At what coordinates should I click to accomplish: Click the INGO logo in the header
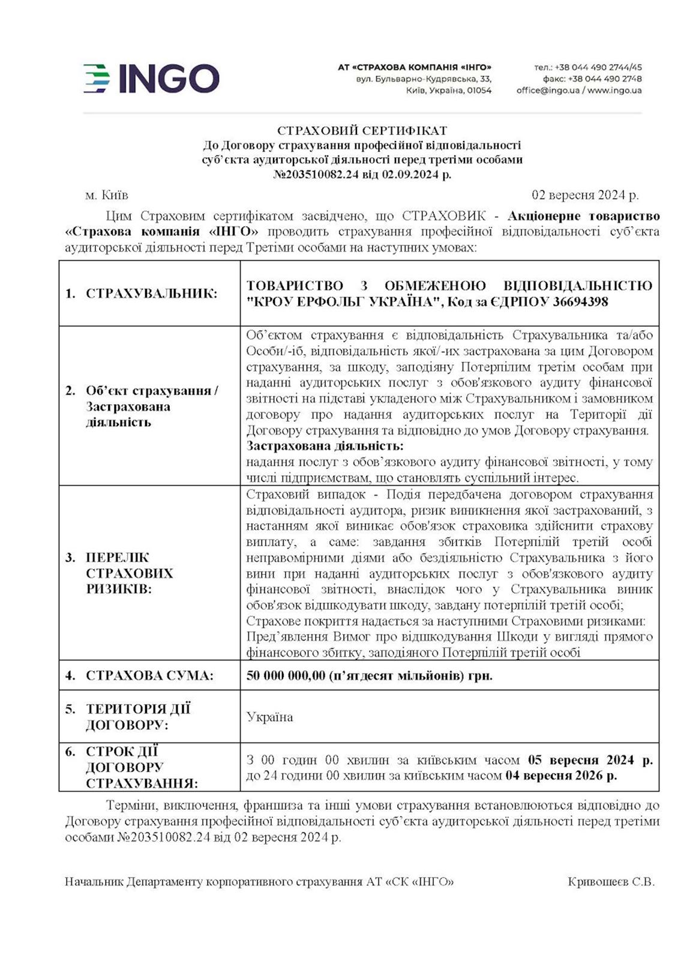coord(151,79)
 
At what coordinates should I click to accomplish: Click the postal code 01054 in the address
coord(479,91)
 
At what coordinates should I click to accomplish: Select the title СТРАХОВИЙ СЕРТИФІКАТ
coord(362,130)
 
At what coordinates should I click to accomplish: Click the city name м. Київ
coord(106,195)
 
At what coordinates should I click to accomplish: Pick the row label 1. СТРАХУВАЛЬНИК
coord(142,294)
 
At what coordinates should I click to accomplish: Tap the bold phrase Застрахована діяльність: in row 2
coord(325,446)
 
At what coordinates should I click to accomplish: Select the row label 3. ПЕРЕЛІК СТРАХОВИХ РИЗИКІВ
coord(128,573)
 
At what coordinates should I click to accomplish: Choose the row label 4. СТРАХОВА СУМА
coord(139,675)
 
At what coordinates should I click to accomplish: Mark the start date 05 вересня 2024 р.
coord(590,760)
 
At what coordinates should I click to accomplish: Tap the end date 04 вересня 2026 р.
coord(561,776)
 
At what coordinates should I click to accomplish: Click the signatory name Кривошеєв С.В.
coord(611,882)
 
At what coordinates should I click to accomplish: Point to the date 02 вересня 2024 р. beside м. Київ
coord(585,195)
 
